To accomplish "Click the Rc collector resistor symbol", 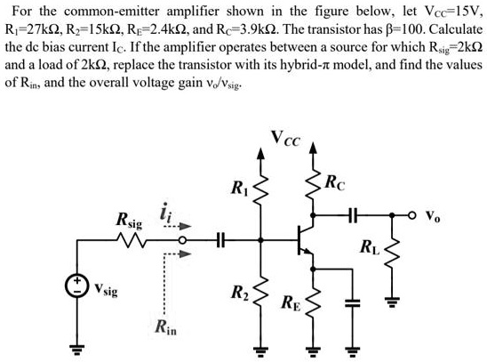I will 313,189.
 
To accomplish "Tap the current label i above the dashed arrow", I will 164,213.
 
